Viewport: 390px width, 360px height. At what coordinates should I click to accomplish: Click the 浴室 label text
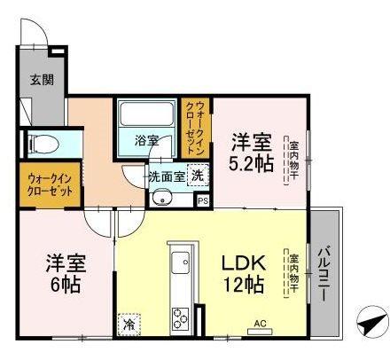point(146,141)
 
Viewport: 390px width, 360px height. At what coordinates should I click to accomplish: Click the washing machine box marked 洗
point(199,175)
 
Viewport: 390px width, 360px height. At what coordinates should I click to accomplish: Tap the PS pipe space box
point(203,201)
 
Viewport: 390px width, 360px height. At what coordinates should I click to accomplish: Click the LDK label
point(240,264)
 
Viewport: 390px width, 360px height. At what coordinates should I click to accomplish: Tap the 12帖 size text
point(242,286)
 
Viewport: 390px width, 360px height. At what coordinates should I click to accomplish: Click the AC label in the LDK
point(261,323)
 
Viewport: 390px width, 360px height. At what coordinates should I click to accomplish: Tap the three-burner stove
point(182,318)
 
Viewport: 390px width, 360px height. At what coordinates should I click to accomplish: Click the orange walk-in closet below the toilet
point(50,184)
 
